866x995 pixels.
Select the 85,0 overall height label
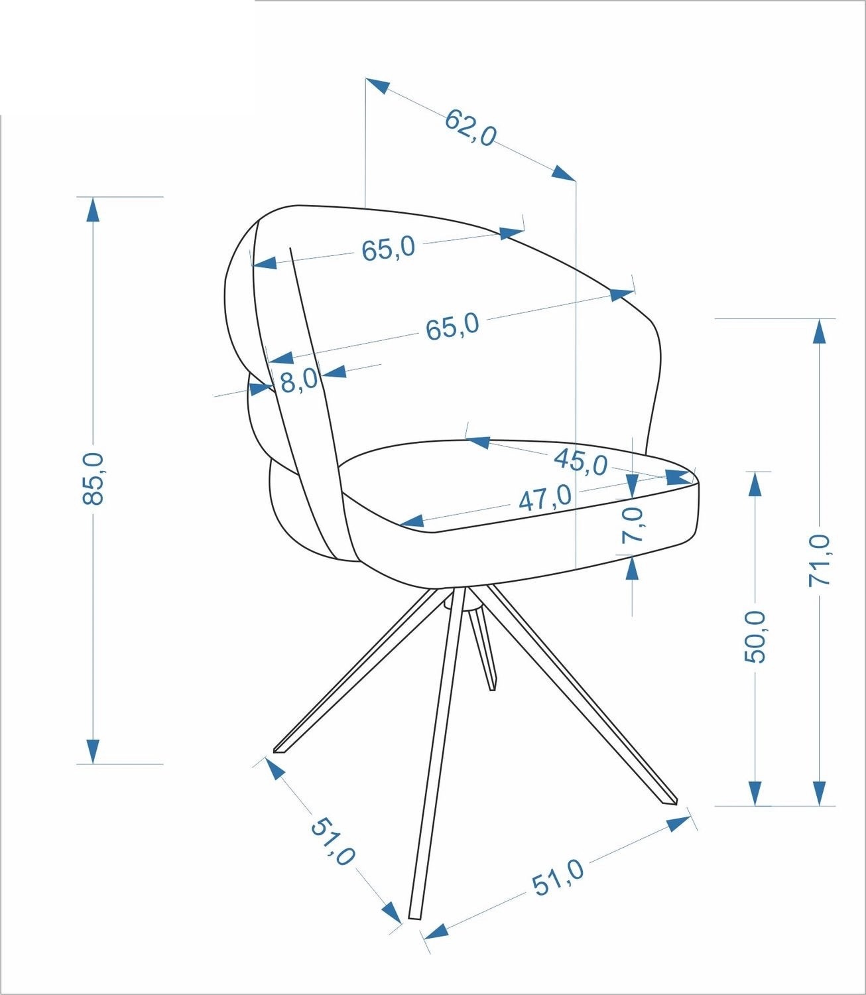[93, 478]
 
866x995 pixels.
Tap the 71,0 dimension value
[820, 561]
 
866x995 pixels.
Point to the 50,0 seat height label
[755, 636]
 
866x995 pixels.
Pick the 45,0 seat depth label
[582, 461]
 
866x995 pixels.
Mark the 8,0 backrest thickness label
[299, 381]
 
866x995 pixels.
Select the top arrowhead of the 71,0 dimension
[820, 331]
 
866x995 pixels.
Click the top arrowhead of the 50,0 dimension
[754, 484]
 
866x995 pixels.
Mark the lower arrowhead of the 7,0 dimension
[632, 568]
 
